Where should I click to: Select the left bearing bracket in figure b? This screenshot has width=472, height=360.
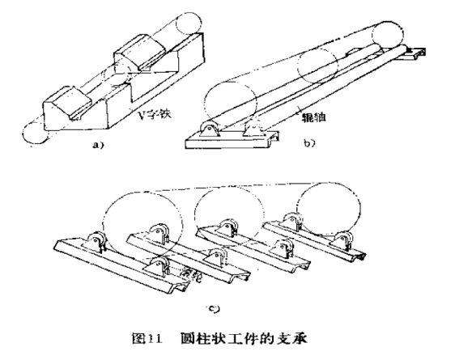(x=209, y=130)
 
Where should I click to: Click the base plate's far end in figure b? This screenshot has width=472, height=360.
(x=416, y=56)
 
